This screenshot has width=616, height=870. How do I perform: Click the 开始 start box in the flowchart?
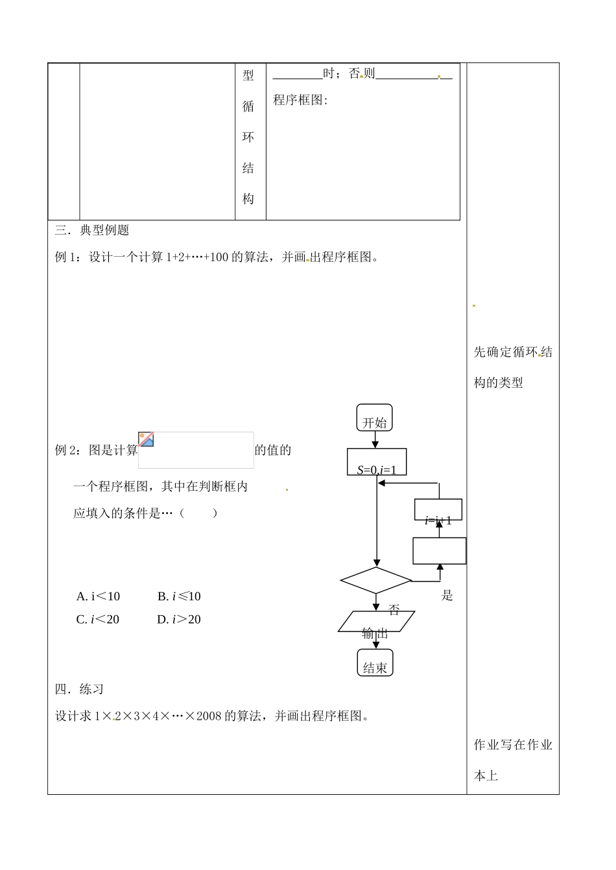(374, 418)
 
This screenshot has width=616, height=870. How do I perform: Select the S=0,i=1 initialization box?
(377, 462)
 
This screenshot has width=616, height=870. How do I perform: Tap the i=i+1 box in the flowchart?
(438, 510)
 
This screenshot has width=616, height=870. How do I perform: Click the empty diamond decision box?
(376, 580)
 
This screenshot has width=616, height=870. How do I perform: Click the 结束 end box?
(375, 663)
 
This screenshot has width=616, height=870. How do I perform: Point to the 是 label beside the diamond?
(447, 595)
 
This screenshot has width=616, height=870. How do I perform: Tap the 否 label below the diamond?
(394, 610)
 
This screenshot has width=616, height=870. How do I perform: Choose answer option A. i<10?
(98, 596)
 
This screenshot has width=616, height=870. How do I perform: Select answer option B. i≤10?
(179, 596)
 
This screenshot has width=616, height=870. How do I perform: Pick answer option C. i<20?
(98, 620)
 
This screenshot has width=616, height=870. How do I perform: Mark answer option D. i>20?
(179, 620)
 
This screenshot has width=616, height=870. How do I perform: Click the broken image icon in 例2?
(147, 439)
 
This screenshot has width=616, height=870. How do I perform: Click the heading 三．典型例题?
(92, 230)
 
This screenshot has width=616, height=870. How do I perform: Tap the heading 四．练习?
(80, 689)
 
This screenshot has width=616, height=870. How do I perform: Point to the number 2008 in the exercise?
(209, 716)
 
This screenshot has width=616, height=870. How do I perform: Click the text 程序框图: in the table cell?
(300, 100)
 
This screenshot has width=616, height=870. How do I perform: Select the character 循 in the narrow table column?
(248, 106)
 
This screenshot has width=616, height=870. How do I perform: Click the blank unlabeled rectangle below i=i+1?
(440, 551)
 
